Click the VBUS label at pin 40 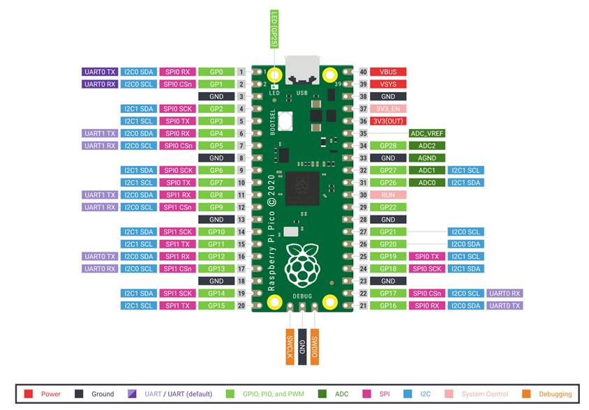(x=388, y=72)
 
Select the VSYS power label (x=388, y=84)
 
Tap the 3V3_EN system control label (x=388, y=109)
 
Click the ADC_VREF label (x=426, y=133)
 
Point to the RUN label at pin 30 (x=388, y=195)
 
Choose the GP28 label (x=388, y=146)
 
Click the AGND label (x=426, y=158)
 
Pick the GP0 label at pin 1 (x=216, y=72)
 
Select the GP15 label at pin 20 (x=216, y=305)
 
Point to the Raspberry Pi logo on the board (x=301, y=264)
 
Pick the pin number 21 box (x=363, y=305)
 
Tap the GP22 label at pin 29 (x=388, y=207)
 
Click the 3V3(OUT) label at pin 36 (x=388, y=121)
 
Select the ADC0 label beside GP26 (x=426, y=183)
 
